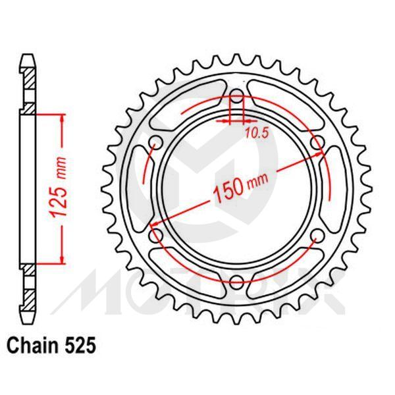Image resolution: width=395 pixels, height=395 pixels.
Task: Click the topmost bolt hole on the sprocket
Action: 236,97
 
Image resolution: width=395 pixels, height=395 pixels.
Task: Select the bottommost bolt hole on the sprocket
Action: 236,283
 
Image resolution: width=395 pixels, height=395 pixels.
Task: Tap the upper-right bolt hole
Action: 317,144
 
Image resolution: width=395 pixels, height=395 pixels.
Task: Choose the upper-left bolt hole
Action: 156,144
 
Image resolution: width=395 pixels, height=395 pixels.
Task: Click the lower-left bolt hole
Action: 156,236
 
